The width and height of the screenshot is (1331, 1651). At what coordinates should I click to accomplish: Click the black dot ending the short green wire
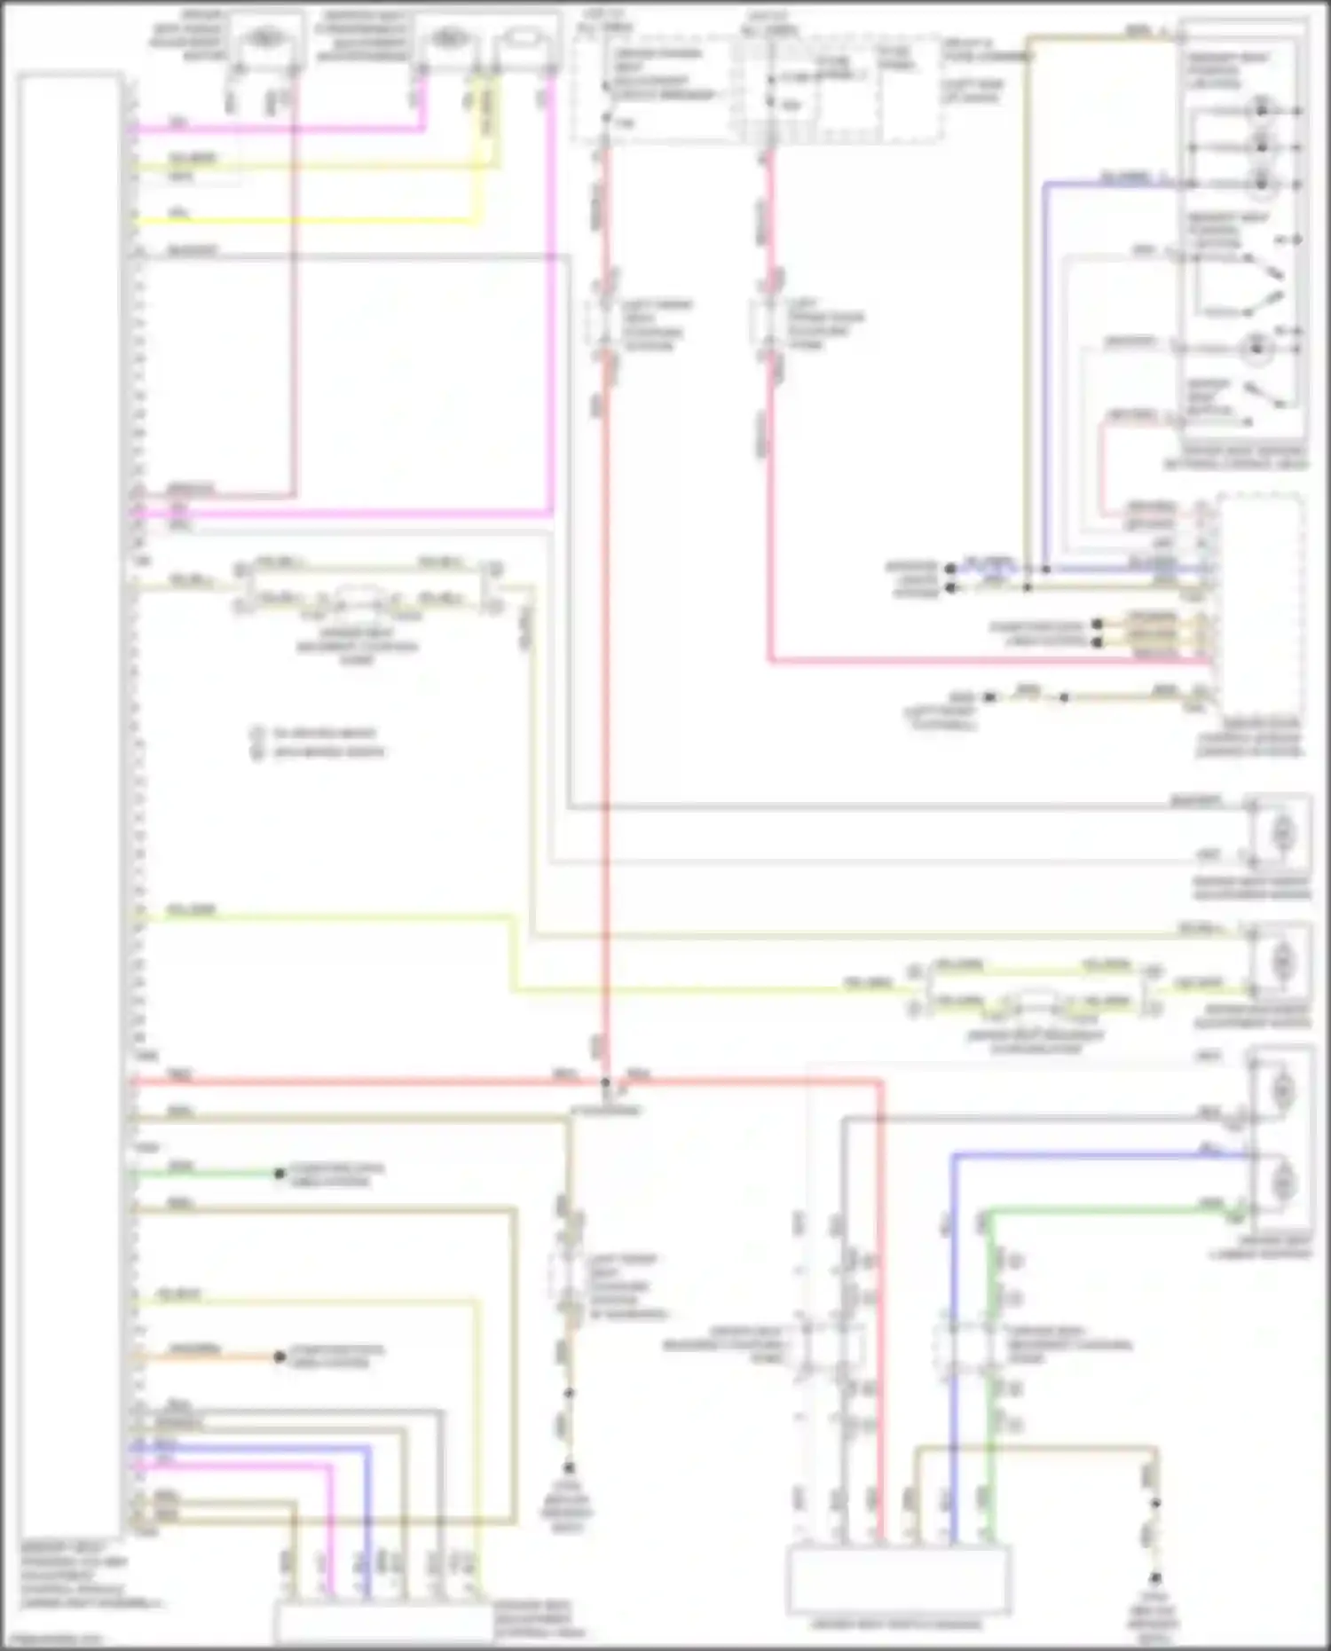tap(280, 1174)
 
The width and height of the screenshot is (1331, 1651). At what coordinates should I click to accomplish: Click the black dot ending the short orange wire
tap(280, 1357)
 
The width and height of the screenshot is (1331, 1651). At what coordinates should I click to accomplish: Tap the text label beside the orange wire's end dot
tap(337, 1356)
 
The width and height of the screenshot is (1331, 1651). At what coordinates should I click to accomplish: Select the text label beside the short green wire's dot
tap(337, 1174)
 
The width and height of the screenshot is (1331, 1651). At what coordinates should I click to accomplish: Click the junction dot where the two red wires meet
tap(606, 1082)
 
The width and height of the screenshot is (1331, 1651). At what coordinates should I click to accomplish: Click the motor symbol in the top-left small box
tap(263, 38)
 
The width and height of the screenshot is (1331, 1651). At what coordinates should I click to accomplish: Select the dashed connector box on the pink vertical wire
tap(768, 321)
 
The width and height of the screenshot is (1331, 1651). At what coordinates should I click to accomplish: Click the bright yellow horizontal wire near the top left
tap(302, 220)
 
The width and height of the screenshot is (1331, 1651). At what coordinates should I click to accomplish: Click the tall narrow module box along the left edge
tap(69, 798)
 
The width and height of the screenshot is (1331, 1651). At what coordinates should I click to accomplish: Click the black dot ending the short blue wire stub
tap(950, 569)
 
